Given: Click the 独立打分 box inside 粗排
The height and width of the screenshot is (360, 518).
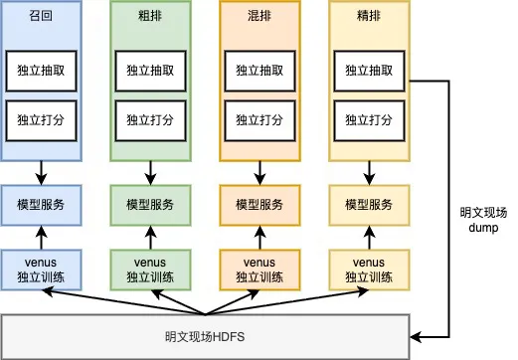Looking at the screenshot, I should coord(150,121).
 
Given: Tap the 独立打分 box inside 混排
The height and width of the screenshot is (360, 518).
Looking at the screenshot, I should coord(259,121).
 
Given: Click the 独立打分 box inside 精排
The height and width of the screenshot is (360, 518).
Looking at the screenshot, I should coord(369,121).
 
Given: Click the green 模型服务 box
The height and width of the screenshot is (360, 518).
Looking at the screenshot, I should coord(150,204).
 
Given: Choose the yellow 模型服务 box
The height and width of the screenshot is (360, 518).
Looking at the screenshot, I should coord(369,204).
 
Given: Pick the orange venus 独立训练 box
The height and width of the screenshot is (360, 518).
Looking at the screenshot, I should coord(259,269).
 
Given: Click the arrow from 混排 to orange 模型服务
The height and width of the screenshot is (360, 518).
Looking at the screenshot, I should coord(259,173).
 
